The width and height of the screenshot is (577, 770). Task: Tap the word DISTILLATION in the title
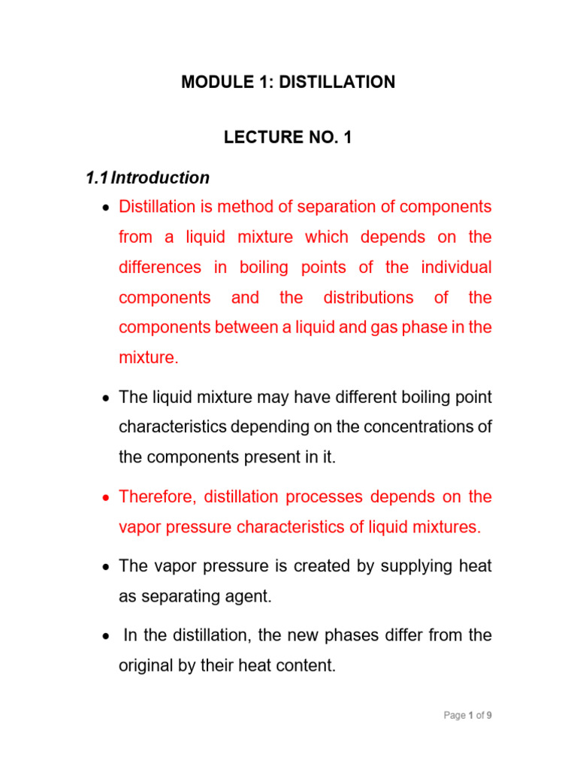click(x=337, y=83)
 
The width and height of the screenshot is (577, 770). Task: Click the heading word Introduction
click(x=161, y=178)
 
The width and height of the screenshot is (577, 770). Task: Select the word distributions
click(x=368, y=297)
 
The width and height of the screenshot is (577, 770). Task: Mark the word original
click(x=147, y=665)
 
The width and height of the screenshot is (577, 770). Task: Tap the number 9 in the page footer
click(x=489, y=716)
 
